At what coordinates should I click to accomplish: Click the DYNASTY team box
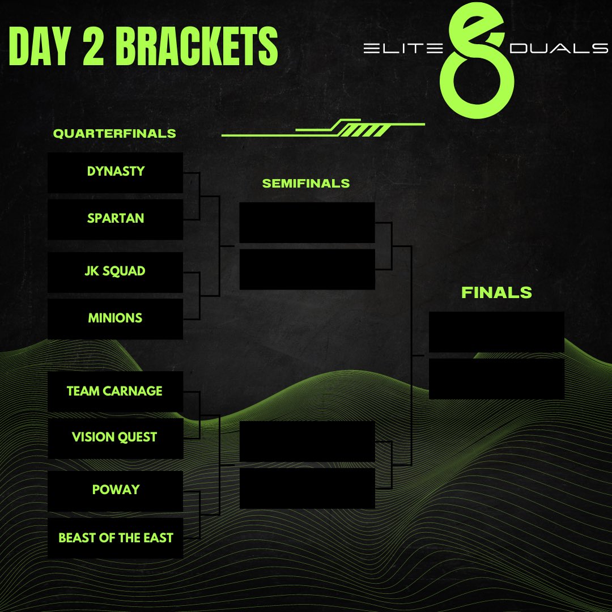116,172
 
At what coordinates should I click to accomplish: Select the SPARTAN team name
116,219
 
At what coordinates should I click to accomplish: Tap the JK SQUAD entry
116,271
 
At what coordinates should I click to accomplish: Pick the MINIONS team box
116,318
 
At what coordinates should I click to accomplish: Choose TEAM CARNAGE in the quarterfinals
115,391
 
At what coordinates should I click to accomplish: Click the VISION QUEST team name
115,437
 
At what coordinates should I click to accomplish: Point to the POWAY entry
116,490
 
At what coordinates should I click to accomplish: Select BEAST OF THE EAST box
116,538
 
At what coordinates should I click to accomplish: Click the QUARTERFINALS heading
114,134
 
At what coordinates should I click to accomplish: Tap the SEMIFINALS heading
306,184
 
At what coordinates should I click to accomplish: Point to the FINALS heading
496,292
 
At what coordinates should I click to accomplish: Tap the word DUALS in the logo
559,49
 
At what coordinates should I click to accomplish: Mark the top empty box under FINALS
496,332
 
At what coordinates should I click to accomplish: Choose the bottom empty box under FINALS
496,379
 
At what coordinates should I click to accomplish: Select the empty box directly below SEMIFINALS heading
307,223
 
